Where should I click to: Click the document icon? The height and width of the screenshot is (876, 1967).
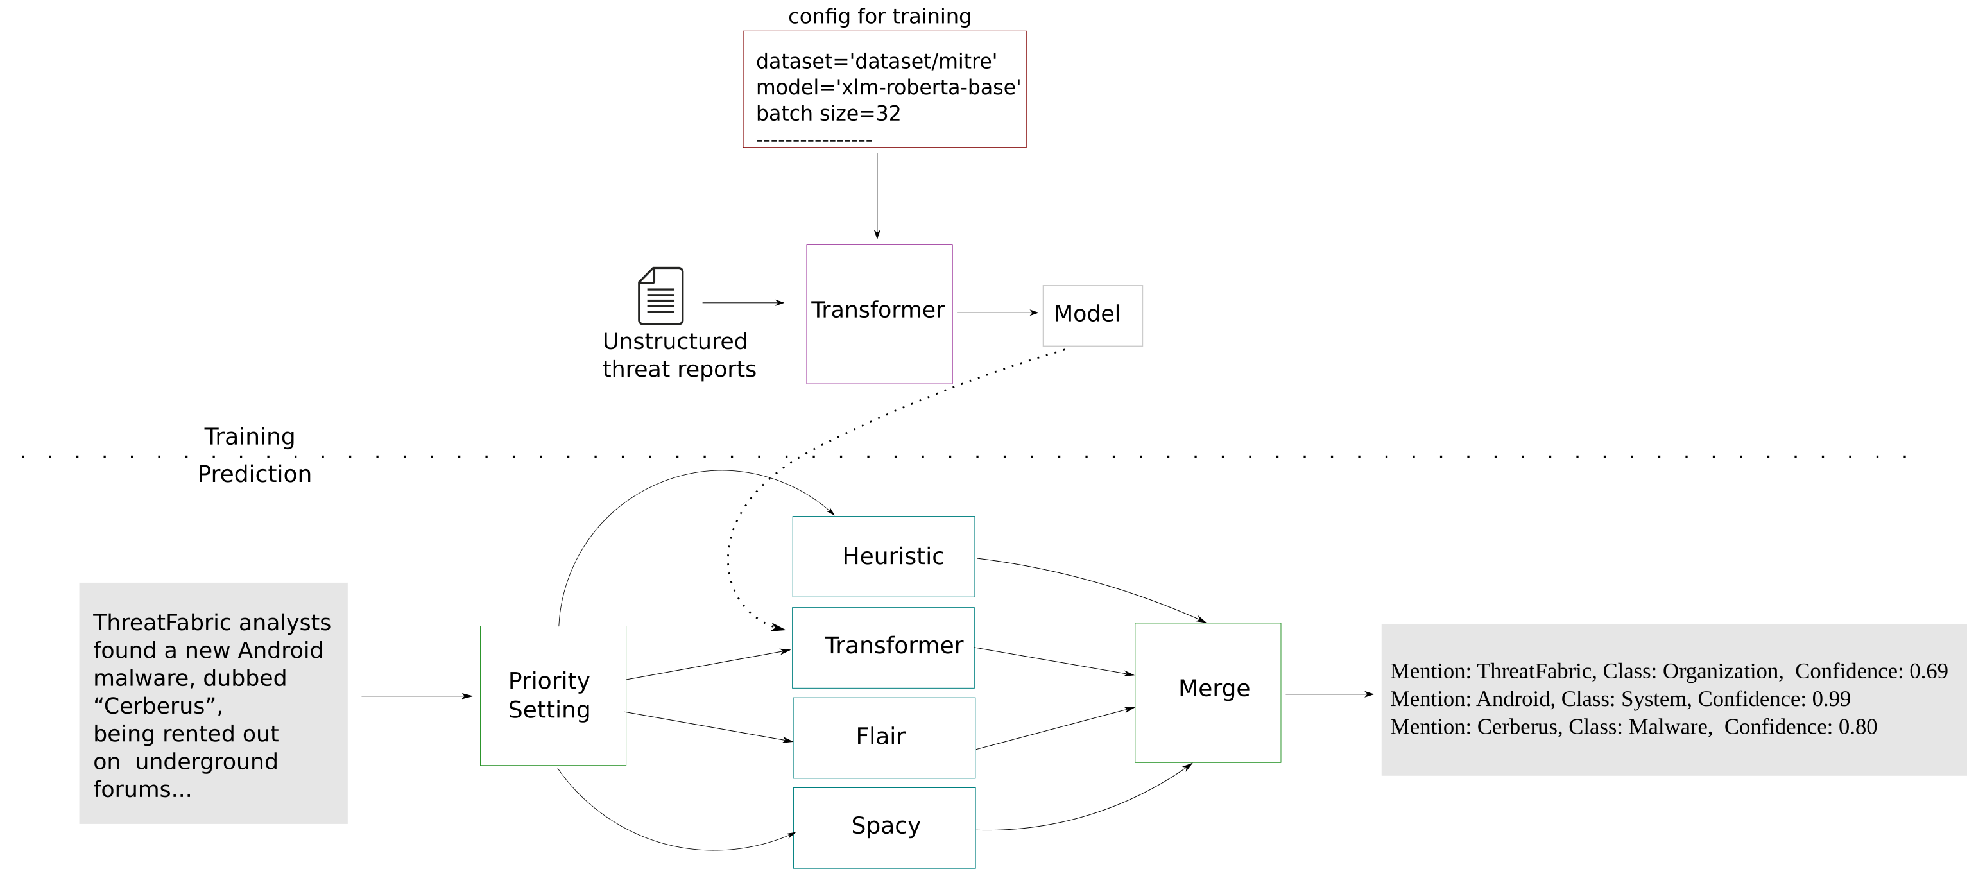(660, 296)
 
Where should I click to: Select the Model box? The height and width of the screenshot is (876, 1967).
(1092, 314)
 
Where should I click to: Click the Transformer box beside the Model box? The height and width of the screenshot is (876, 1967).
(879, 313)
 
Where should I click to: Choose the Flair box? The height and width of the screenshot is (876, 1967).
(884, 737)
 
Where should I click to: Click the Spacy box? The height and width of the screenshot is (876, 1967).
(884, 827)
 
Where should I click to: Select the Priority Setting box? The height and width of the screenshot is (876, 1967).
(553, 695)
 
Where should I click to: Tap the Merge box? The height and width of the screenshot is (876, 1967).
(1207, 692)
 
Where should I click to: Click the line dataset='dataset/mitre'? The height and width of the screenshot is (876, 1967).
(876, 61)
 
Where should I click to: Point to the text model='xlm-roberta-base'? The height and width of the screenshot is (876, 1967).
(888, 87)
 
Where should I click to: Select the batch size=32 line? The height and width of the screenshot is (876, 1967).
(828, 113)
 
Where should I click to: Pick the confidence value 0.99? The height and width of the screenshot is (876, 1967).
(1831, 699)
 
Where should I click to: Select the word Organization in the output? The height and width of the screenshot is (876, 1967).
(1722, 671)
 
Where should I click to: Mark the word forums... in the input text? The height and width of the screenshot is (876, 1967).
(142, 789)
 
